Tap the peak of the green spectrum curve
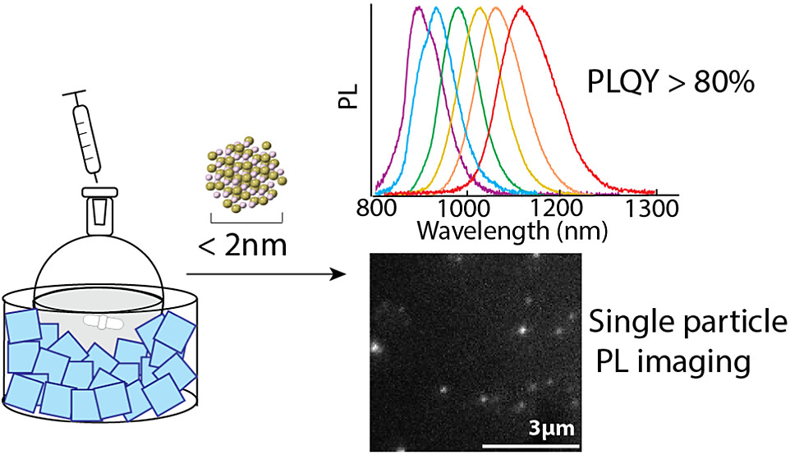coord(458,8)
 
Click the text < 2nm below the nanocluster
coord(246,244)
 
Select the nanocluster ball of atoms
coord(245,175)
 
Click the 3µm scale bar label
coord(546,429)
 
